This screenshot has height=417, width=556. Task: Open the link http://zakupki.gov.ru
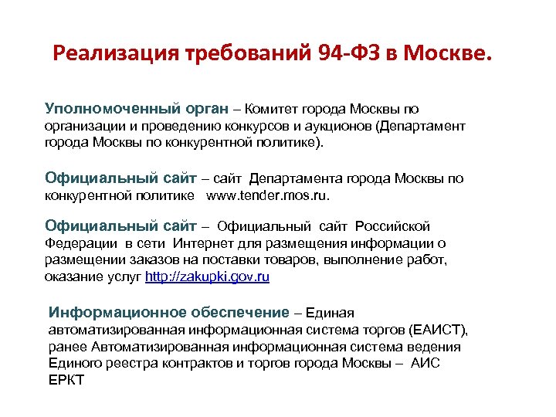[208, 276]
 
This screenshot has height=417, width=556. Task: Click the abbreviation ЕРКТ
[66, 381]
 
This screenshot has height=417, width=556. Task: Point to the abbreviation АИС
[425, 364]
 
